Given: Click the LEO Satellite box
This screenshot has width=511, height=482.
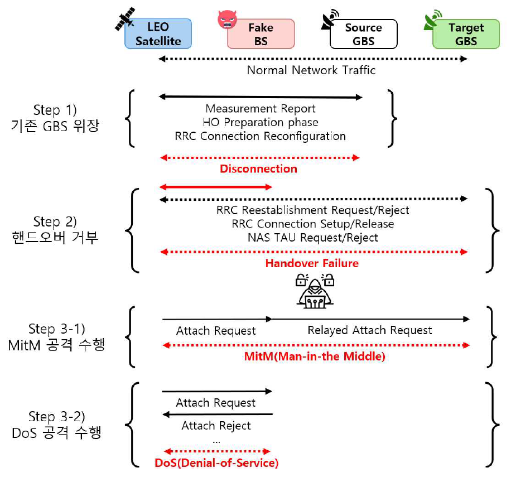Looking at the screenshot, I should coord(158,34).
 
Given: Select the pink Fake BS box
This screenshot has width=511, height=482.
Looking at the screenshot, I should coord(261,34).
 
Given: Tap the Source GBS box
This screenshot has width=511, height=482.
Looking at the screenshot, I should coord(363,34).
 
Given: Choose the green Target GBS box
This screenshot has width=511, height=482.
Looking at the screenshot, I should coord(466,34).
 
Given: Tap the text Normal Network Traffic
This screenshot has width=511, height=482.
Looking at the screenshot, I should coord(311,70).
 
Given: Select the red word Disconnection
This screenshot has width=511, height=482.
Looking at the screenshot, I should coord(258,168).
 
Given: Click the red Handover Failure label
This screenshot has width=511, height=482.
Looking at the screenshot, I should coord(312,263).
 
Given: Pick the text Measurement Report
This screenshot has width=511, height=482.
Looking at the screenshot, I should coord(261,109).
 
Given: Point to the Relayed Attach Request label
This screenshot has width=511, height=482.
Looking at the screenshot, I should coord(370,331).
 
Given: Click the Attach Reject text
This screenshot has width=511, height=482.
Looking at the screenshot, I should coord(216,426).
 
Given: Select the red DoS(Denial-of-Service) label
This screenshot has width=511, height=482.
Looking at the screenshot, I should coord(216,462).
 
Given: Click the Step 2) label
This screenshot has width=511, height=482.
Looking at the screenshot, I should coord(55,221).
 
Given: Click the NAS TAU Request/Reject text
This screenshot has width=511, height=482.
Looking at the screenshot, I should coord(313,238).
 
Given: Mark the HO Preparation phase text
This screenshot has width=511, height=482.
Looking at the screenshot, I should coord(261,122).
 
